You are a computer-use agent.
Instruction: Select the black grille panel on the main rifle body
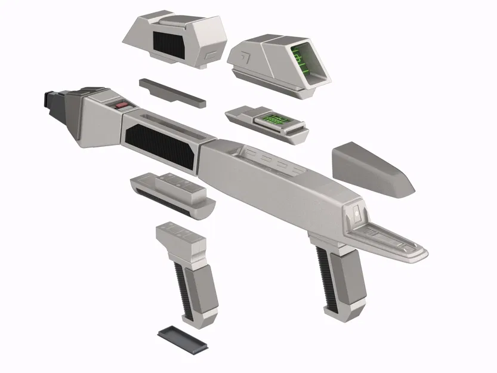159,147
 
